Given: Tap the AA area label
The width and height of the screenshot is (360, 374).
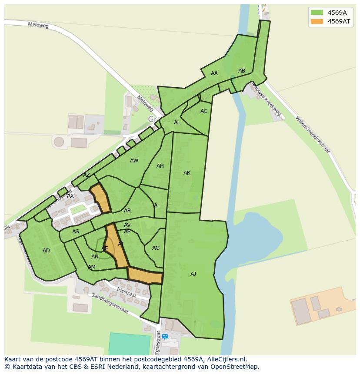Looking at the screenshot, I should coord(214,73).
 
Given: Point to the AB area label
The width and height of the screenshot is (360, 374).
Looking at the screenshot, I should coord(242,71).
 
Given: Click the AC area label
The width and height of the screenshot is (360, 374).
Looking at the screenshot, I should coord(204,111).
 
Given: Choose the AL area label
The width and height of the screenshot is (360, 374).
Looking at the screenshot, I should coord(177,122).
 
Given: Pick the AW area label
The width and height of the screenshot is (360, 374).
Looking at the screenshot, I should coord(134,161).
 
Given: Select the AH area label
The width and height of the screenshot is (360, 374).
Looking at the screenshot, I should coord(160,166).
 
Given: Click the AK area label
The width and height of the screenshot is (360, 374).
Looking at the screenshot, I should coord(187,173).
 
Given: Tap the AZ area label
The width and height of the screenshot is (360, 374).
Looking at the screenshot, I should coord(87,175).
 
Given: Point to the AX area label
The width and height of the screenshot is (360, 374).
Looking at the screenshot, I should coord(70,196).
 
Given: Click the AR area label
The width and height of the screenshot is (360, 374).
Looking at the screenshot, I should coord(127,211).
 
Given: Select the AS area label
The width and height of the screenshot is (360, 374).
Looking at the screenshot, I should coord(76,232).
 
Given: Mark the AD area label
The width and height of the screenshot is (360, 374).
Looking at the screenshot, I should coord(46,251).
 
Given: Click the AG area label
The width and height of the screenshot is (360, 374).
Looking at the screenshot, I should coord(156,248).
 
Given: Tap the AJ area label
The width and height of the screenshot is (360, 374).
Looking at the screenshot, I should coord(193,274).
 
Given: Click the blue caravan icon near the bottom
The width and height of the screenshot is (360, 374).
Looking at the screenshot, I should coord(165,336).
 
